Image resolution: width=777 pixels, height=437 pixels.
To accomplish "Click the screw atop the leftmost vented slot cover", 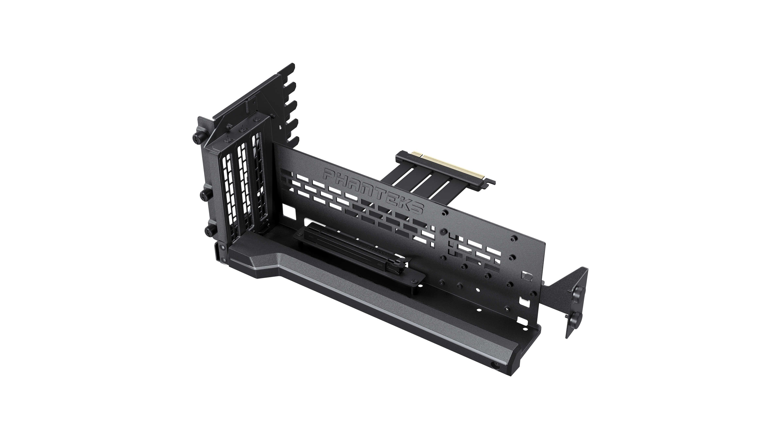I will [227, 140].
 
